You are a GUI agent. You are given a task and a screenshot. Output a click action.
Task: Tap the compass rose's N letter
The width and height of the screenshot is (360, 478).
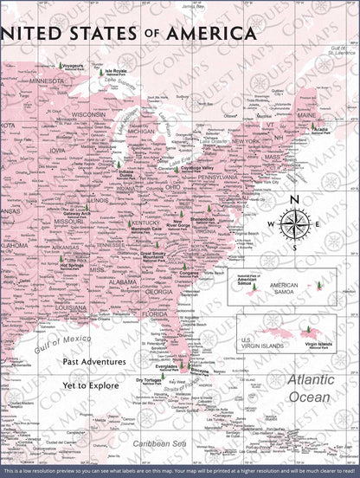point(294,201)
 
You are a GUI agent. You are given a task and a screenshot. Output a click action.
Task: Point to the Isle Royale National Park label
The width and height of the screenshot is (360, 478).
point(115,73)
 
